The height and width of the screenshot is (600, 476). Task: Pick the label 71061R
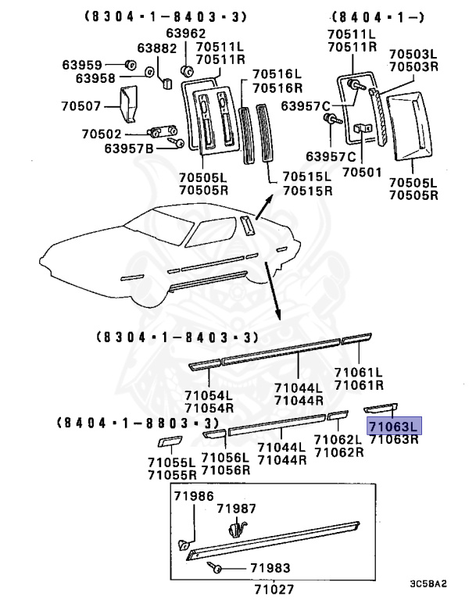point(359,384)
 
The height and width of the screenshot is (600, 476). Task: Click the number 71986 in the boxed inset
point(192,496)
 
